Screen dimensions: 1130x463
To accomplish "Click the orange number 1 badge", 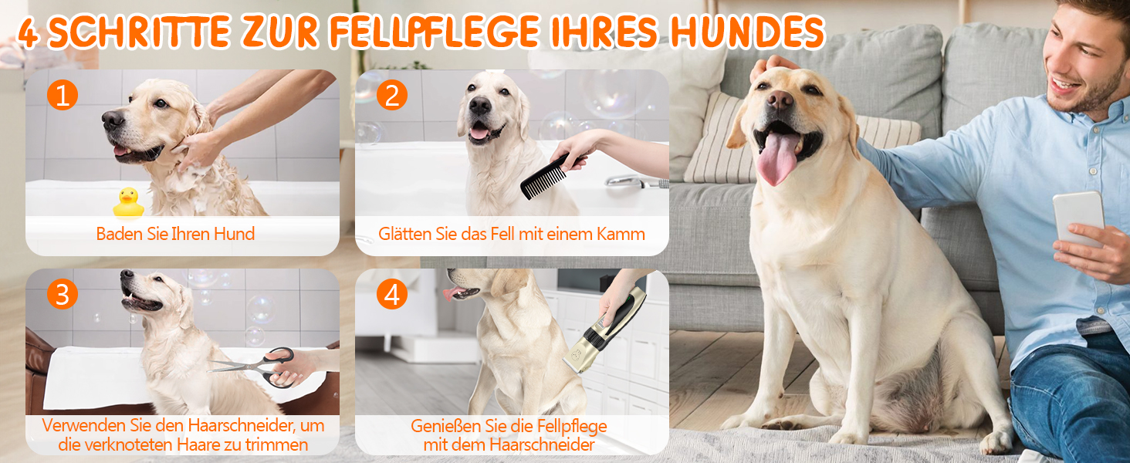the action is pos(63,94).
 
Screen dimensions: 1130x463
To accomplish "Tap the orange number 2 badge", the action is pos(392,94).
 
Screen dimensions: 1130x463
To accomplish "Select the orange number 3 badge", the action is pos(63,294).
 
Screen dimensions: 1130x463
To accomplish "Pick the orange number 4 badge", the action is pos(392,294).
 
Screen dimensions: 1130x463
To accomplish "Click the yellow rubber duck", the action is pos(129,202).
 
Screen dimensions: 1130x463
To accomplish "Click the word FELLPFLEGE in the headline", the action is pos(435,32).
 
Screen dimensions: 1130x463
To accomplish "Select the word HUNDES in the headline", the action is pos(747,32).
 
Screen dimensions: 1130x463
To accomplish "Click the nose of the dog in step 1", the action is pos(111,119).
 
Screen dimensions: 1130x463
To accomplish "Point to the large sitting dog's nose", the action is pos(780,100).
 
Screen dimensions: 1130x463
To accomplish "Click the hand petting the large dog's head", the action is pos(771,66).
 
